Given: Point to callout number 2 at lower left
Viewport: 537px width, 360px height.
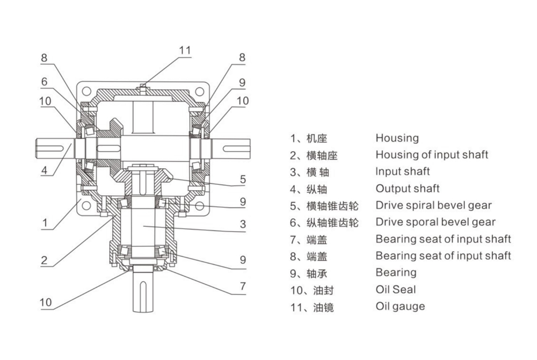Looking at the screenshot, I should (45, 260).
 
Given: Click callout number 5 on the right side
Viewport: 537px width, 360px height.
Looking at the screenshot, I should (243, 179).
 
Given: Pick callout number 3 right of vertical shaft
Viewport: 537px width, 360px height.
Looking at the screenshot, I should (243, 224).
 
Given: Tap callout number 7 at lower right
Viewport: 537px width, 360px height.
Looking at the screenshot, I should (243, 286).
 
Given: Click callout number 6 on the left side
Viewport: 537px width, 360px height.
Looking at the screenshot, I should (45, 82).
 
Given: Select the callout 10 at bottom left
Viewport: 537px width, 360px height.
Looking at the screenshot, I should (46, 303).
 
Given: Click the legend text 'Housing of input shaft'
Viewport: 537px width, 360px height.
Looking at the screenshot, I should (431, 155).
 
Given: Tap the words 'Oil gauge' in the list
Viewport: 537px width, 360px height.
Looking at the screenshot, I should (400, 306).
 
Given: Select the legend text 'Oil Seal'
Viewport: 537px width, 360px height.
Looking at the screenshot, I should (396, 290).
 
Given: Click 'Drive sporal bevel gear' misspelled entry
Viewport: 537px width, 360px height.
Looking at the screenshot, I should (435, 222).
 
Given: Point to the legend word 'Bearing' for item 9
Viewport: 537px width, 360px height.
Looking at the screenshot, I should (396, 272).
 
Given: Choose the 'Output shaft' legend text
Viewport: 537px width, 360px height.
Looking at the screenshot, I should (407, 188).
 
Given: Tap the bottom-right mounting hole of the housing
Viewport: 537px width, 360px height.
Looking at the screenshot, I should (199, 206).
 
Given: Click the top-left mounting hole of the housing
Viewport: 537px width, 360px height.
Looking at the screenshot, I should (86, 90).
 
